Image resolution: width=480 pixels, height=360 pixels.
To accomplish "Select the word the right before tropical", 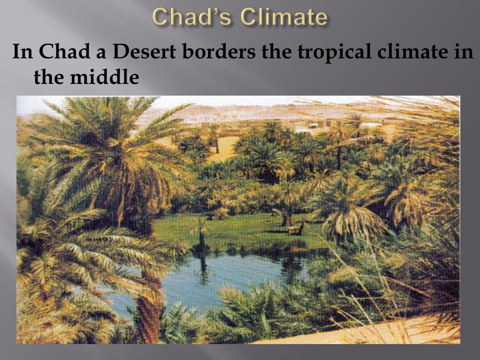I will coord(277,52).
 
